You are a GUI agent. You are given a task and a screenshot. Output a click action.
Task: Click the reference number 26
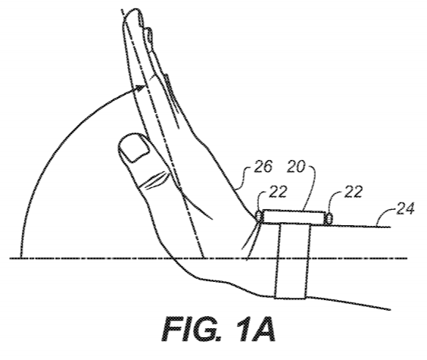pos(263,167)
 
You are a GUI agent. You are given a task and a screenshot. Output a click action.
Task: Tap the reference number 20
pos(296,167)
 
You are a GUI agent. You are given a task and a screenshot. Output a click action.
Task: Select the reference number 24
pos(405,208)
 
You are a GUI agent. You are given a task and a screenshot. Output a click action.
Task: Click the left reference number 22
pos(278,192)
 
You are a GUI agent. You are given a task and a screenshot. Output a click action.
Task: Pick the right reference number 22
pos(354,192)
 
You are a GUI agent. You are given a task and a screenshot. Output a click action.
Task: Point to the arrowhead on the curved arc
pos(140,89)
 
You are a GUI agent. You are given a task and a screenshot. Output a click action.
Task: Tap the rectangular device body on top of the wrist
pos(294,218)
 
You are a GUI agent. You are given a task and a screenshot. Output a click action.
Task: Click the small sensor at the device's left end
pos(259,217)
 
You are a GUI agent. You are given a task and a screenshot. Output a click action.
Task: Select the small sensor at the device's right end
pos(329,219)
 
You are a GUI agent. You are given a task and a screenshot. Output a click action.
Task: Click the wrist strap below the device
pos(293,261)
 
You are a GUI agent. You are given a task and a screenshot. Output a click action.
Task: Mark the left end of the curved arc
pos(21,257)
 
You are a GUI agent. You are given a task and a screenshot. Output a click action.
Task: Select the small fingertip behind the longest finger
pos(149,33)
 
